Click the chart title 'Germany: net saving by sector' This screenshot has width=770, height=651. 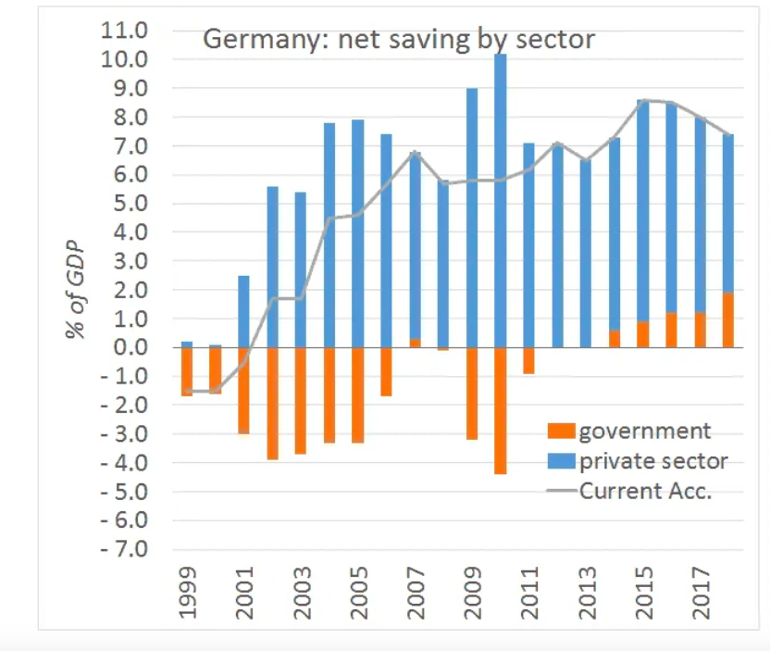(x=398, y=39)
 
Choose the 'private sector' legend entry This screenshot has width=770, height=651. (x=652, y=460)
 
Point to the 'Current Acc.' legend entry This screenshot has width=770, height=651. (x=645, y=490)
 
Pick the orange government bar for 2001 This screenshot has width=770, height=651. (x=244, y=390)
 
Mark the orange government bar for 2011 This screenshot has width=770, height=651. (x=528, y=360)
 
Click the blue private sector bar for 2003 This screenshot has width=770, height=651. (x=301, y=269)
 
